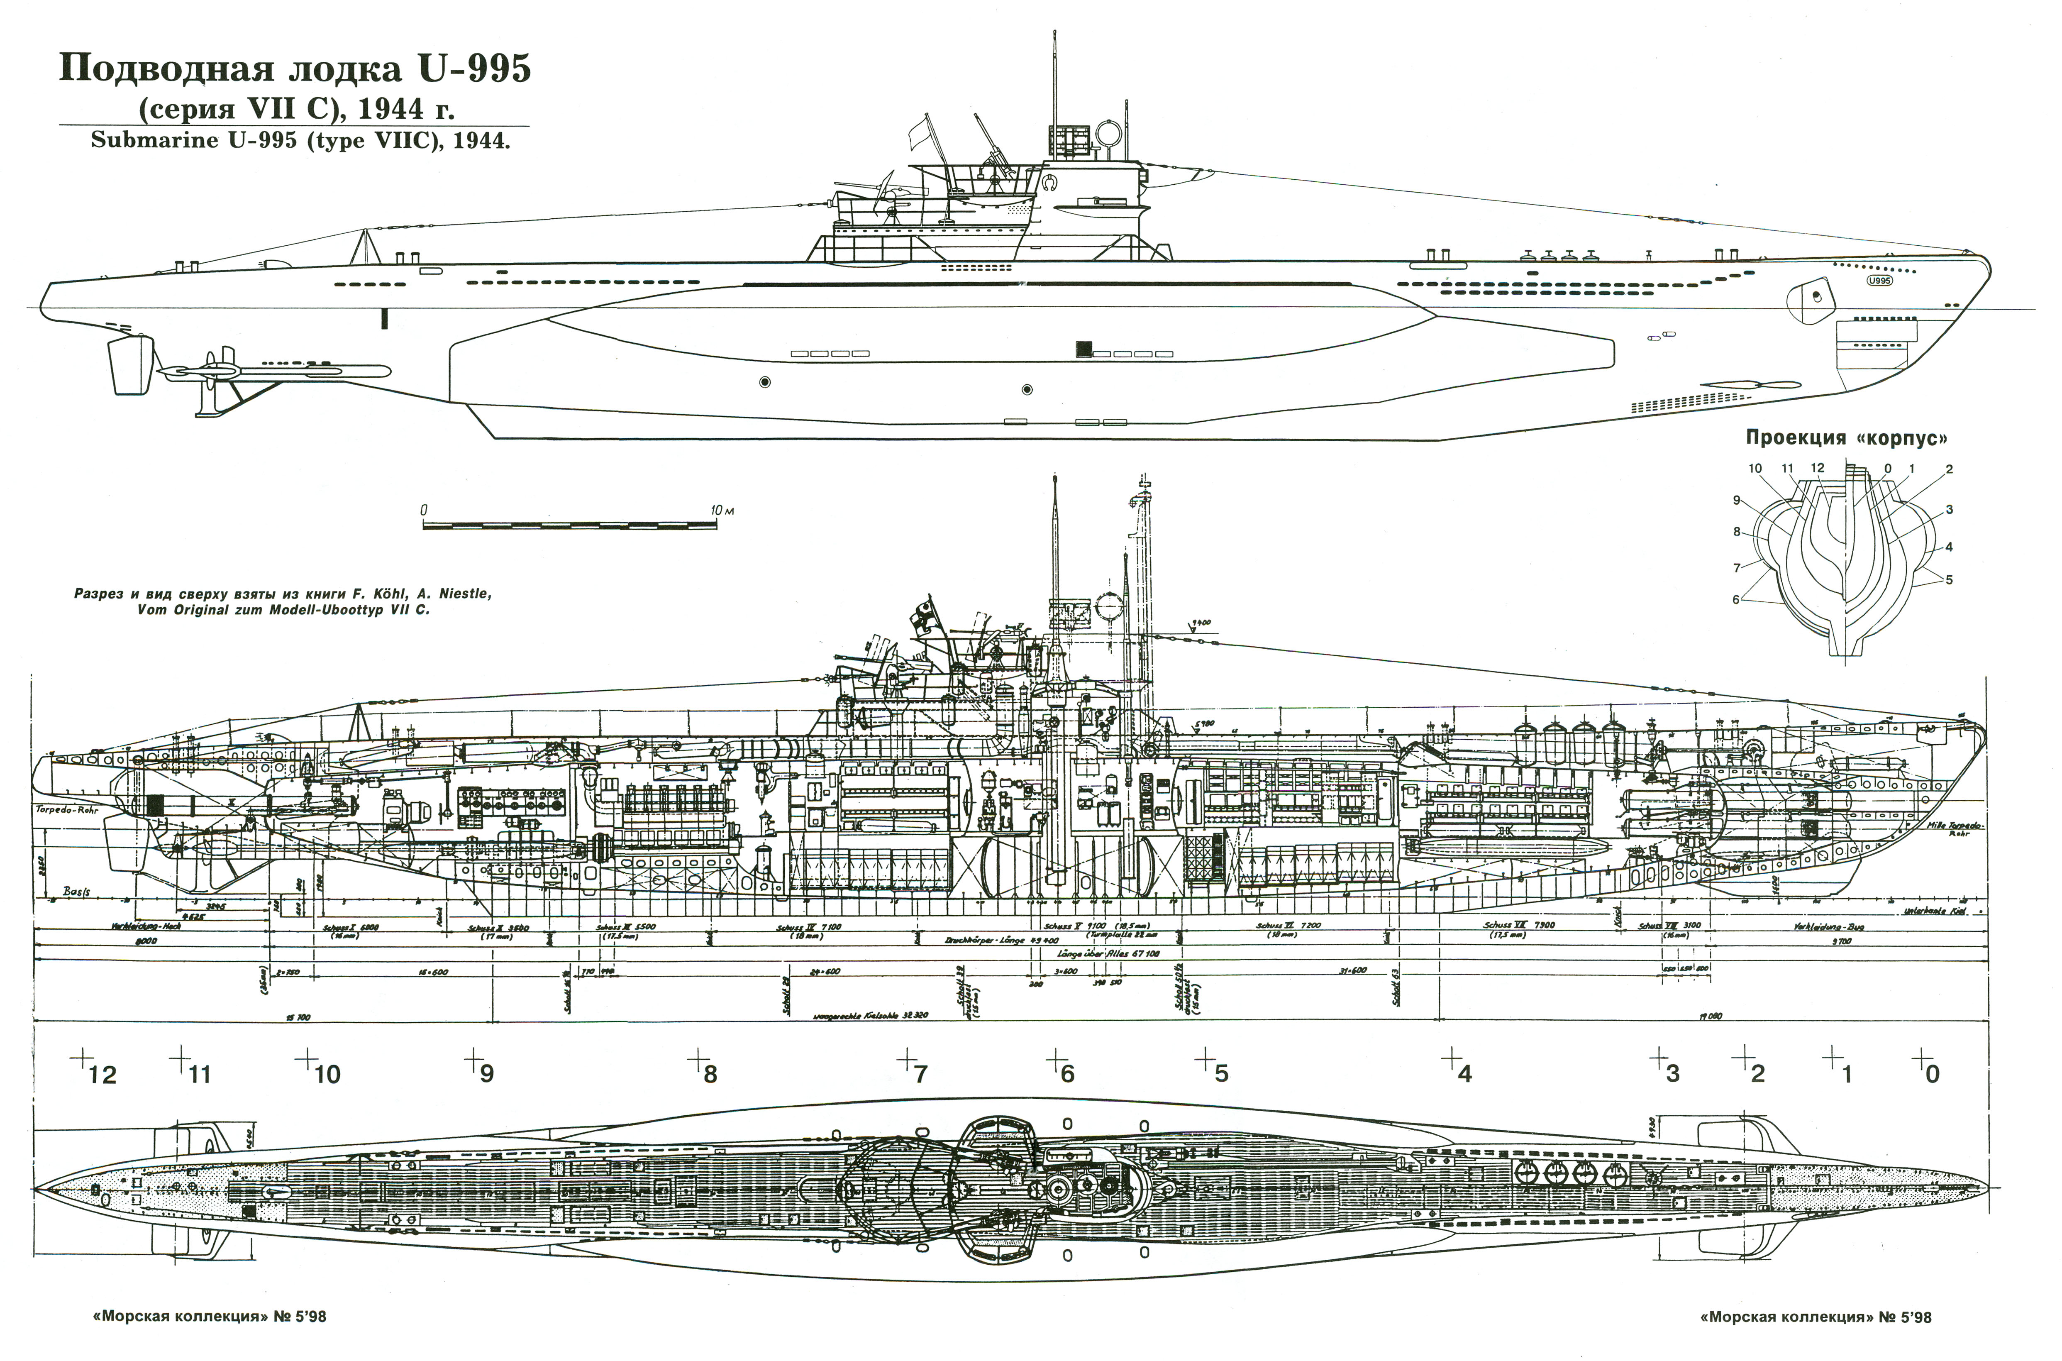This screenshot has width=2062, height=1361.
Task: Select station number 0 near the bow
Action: [x=1932, y=1075]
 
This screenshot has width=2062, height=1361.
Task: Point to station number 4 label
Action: [x=1465, y=1075]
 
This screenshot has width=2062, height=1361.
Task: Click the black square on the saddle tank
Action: [x=1082, y=349]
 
